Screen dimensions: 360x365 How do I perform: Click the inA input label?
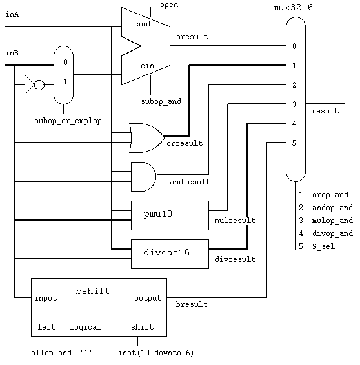[12, 14]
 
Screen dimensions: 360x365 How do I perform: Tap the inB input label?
[12, 53]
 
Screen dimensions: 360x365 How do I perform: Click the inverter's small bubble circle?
[39, 85]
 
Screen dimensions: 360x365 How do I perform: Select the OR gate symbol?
[146, 138]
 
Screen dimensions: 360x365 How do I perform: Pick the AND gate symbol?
[143, 177]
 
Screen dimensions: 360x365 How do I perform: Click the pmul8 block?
[170, 215]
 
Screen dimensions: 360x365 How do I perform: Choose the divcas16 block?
[170, 254]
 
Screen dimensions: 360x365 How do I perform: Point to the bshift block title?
[93, 291]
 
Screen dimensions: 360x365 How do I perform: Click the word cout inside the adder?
[143, 24]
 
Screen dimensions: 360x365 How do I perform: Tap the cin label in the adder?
[147, 66]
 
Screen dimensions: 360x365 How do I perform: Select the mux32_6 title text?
[292, 8]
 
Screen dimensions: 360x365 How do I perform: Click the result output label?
[325, 111]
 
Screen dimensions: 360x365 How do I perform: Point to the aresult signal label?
[192, 37]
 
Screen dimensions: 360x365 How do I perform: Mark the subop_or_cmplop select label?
[68, 121]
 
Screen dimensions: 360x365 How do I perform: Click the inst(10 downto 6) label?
[155, 353]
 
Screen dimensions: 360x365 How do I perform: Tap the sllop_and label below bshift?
[51, 353]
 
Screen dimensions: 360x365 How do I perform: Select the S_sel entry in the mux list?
[323, 246]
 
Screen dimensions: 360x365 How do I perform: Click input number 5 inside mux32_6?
[294, 143]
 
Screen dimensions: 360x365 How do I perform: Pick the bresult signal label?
[192, 304]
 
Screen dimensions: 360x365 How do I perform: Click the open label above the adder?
[169, 5]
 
